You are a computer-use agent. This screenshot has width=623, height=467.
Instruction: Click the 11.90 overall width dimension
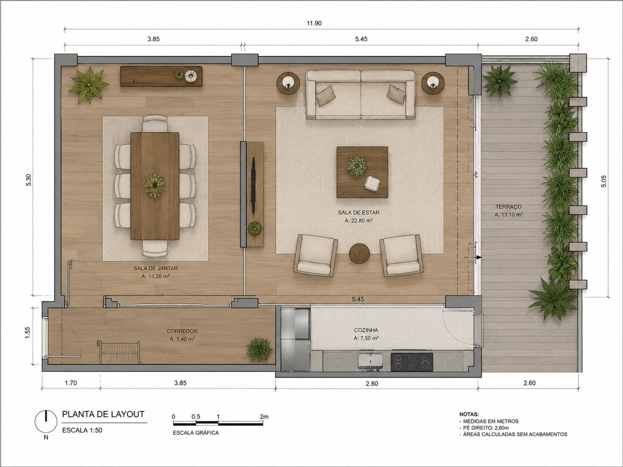314,23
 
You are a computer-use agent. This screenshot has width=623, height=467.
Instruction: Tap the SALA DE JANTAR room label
155,268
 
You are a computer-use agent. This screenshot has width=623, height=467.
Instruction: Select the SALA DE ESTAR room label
358,213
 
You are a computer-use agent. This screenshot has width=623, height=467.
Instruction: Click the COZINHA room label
366,330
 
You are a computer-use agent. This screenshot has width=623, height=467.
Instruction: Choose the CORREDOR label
182,331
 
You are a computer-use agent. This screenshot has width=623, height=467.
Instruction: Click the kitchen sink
370,362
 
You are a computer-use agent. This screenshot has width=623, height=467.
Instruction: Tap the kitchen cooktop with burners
412,362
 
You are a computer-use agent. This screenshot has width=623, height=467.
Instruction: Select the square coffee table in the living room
362,172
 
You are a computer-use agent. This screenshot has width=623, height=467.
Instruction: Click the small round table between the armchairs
359,253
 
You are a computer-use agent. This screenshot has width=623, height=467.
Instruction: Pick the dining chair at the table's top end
155,123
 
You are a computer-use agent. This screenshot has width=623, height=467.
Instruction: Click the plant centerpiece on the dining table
155,185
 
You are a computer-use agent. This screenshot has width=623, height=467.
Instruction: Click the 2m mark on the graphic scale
264,416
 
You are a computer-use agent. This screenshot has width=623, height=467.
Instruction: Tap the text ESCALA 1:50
82,430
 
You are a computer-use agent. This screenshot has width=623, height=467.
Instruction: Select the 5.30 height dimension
29,180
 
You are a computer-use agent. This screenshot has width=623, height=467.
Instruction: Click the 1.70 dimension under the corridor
71,383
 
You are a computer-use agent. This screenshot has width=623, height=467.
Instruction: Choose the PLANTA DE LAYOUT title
103,414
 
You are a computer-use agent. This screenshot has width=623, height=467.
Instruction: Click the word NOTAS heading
468,414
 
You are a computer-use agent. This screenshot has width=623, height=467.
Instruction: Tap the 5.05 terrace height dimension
603,181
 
